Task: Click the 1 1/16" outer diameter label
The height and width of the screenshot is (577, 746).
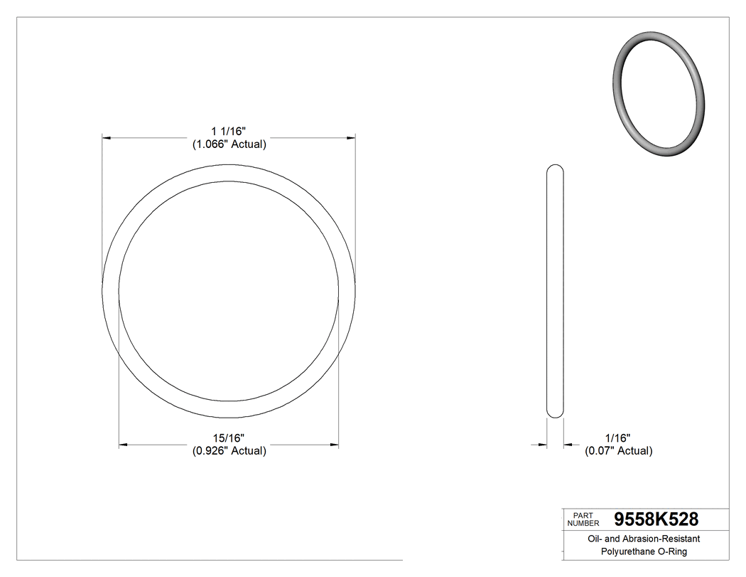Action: [x=228, y=132]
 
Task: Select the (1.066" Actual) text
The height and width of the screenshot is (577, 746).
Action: [x=229, y=144]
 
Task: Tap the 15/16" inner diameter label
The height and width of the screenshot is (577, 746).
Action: [x=228, y=438]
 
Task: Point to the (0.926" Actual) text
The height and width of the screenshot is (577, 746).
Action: [x=229, y=450]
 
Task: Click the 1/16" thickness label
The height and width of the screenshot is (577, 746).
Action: [x=618, y=438]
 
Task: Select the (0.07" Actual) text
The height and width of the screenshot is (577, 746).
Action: [x=618, y=450]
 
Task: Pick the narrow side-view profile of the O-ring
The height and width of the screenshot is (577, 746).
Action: [x=555, y=292]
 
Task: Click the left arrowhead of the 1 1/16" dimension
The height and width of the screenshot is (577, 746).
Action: [x=107, y=137]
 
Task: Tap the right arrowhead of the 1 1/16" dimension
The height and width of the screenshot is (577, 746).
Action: [x=350, y=137]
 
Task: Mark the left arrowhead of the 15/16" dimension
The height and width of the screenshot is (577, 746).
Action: [x=123, y=445]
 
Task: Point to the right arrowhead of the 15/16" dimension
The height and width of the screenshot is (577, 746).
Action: [x=334, y=445]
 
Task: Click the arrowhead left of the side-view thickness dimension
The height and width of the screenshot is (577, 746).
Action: [x=542, y=445]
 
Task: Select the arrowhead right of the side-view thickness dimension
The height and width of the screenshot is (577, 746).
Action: [x=568, y=445]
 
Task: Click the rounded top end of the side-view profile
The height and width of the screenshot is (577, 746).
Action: [x=555, y=169]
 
